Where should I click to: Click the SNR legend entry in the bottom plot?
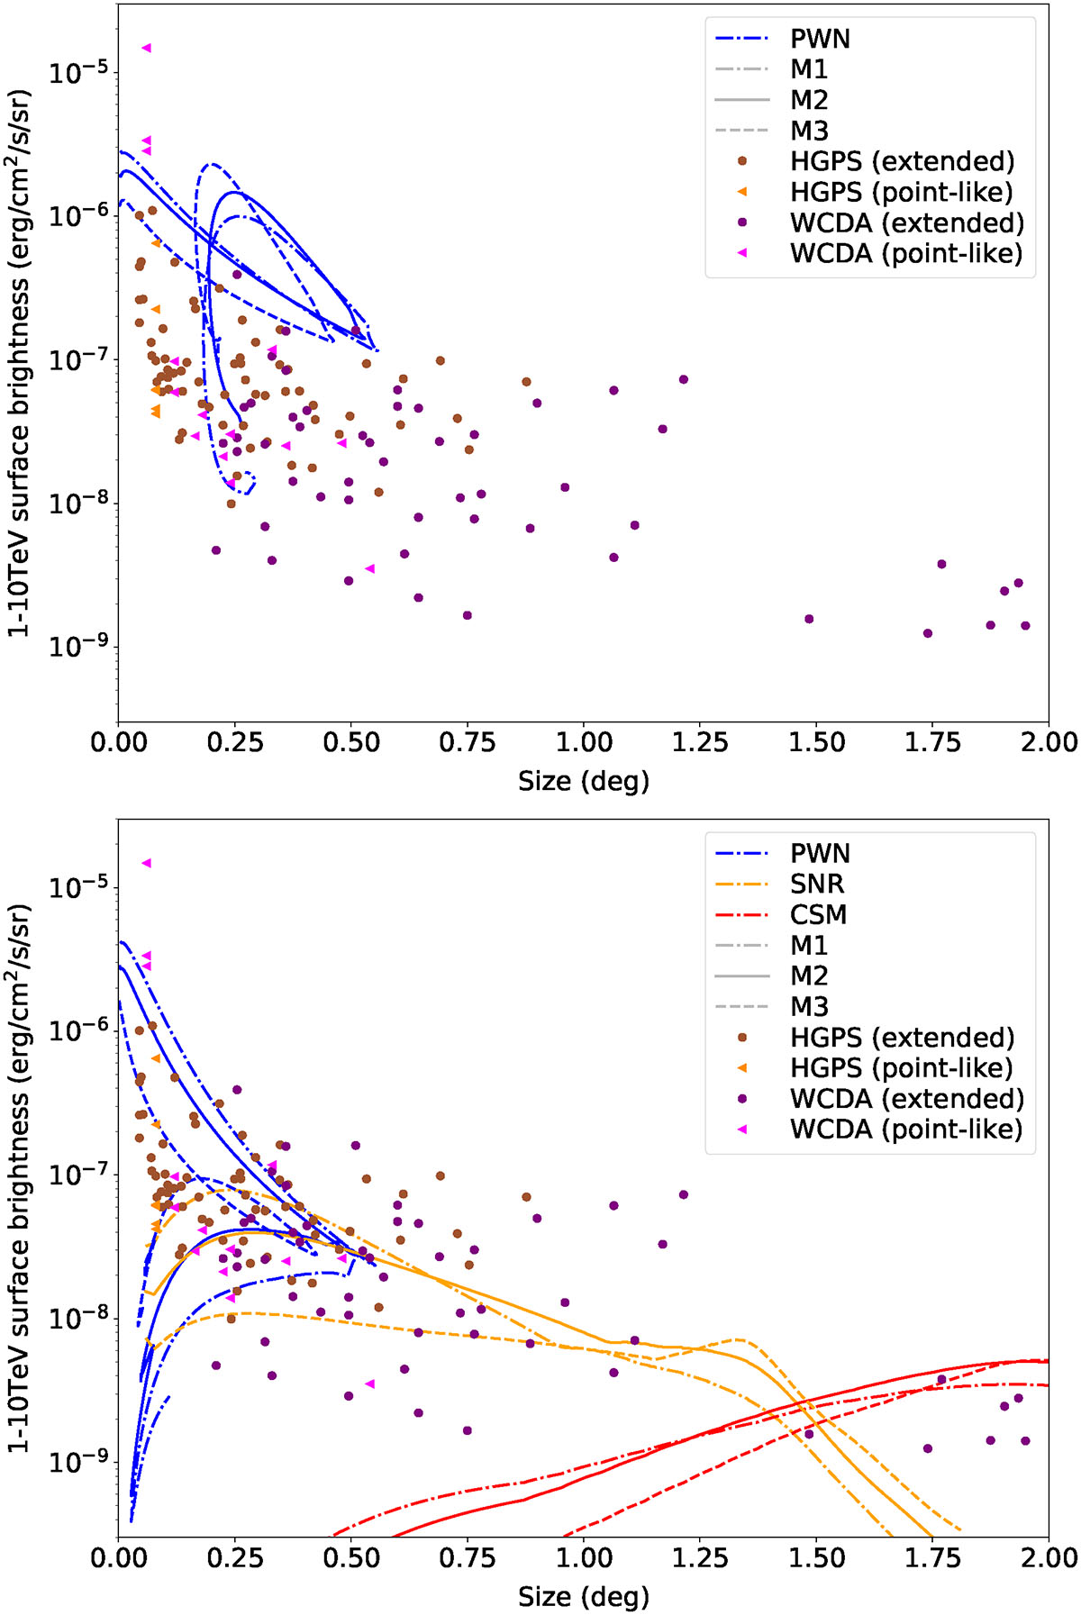[x=817, y=884]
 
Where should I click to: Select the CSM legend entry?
[x=818, y=914]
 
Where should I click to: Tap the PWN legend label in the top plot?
[x=820, y=39]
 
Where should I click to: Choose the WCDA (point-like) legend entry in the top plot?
[x=906, y=253]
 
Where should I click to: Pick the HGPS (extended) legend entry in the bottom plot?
[x=902, y=1037]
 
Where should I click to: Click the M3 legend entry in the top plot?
[x=809, y=131]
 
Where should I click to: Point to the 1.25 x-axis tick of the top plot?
[x=700, y=742]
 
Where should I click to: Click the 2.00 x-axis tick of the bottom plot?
[x=1049, y=1557]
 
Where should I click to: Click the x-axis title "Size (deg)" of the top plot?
[x=583, y=780]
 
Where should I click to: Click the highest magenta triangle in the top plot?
[x=146, y=48]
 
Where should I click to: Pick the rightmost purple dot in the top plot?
[x=1025, y=626]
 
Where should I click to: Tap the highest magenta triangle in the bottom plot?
[x=146, y=863]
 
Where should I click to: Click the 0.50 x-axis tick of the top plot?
[x=350, y=742]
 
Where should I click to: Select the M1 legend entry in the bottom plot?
[x=809, y=945]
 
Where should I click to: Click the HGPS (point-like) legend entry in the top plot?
[x=902, y=192]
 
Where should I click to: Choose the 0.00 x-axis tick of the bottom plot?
[x=118, y=1557]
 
